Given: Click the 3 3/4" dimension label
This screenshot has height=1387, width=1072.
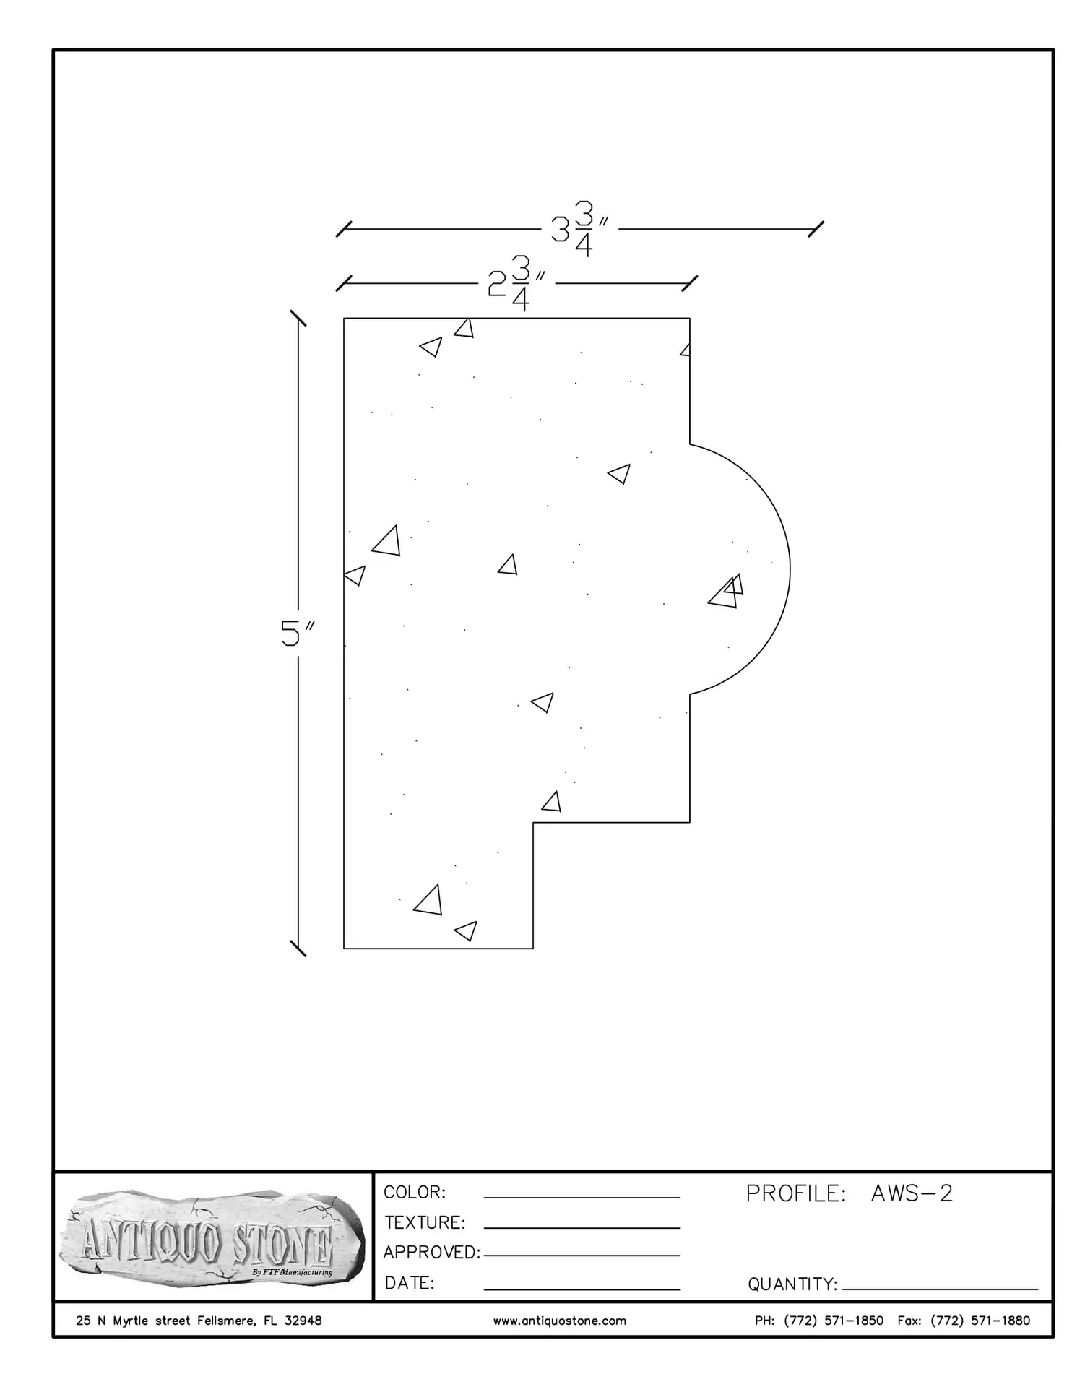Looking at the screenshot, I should pos(578,229).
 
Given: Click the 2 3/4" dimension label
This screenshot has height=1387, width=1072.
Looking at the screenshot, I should pos(516,283).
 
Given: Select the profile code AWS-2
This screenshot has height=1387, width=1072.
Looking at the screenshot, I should pos(912,1193).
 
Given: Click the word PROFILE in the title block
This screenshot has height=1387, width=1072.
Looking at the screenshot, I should pos(795,1193).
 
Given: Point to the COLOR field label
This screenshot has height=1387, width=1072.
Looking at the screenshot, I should pos(415,1192).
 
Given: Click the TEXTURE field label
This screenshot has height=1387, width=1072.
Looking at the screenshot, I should pos(425,1222).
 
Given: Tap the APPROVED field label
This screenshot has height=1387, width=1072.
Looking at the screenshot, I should pos(432,1252).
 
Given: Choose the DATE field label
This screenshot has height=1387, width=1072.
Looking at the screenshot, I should pos(410,1283).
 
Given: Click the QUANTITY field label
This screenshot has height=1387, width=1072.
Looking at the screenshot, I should pos(792,1284).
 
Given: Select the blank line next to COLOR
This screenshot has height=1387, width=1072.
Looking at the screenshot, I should pos(582,1198).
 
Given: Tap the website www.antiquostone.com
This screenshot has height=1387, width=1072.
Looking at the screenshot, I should pos(560,1321).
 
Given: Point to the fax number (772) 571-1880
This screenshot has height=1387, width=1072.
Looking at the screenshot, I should pos(980,1321).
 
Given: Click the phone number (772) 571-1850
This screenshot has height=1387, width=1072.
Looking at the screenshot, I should pos(833,1321).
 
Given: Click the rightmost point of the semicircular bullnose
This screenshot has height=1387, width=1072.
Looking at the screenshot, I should pos(790,569).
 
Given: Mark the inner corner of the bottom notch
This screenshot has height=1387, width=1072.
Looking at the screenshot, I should pos(533,822).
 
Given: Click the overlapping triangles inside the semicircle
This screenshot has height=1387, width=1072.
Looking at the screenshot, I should pos(727,592).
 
